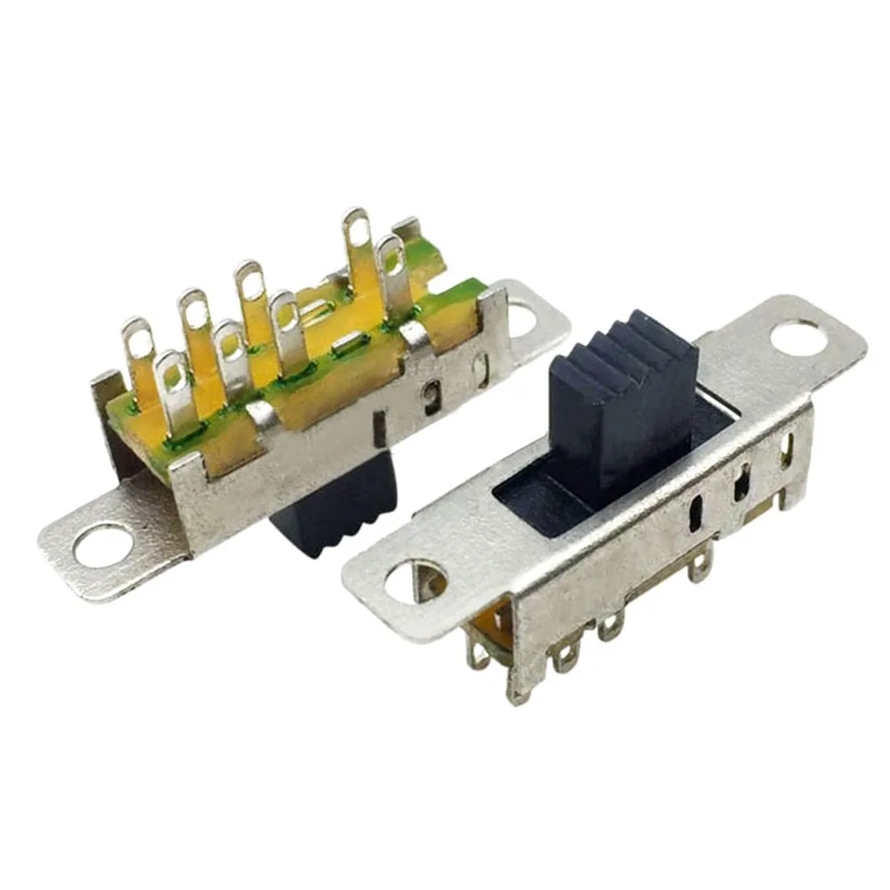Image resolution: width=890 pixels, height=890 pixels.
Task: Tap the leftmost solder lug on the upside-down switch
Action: point(136,347)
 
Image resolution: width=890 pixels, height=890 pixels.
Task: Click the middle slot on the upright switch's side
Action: point(740,485)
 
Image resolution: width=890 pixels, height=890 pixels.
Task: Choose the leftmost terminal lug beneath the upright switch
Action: point(481,654)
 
